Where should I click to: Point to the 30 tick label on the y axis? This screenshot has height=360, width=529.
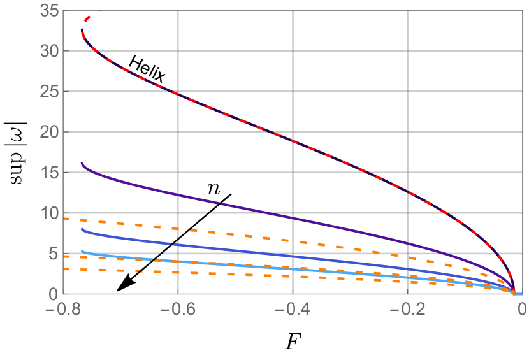49,51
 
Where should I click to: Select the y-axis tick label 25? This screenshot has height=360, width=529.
49,92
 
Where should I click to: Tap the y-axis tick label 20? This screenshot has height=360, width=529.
49,133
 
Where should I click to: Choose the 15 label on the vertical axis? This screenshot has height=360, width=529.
49,173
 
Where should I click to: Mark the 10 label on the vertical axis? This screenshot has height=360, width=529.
49,213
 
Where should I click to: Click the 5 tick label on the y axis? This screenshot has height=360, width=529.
54,254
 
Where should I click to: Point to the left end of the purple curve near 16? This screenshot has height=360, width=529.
82,163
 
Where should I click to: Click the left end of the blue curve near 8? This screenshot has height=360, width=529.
82,229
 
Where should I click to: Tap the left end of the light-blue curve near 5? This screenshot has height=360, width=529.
82,252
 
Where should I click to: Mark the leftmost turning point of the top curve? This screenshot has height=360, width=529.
82,31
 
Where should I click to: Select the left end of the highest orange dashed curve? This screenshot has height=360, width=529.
64,219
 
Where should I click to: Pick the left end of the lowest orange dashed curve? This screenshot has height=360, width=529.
64,270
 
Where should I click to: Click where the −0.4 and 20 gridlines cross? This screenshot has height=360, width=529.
293,132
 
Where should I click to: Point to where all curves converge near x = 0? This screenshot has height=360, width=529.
514,292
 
